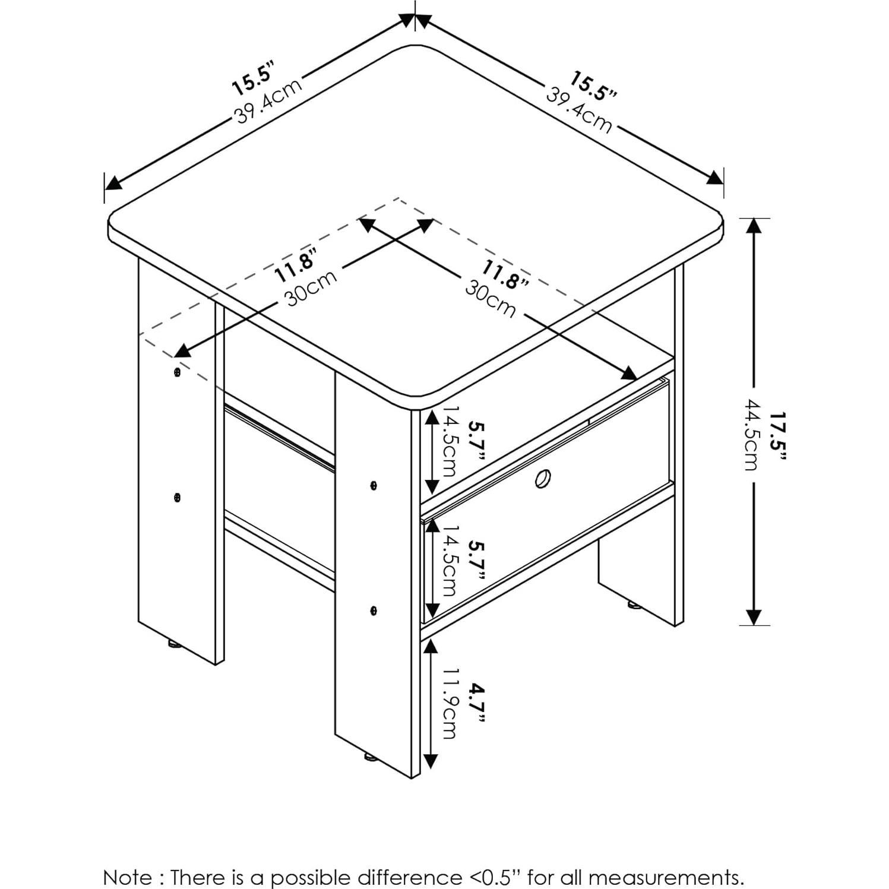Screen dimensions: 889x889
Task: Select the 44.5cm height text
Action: point(752,435)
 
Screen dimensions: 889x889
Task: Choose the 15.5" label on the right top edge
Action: point(594,86)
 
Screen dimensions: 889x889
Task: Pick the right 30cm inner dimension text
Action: point(491,298)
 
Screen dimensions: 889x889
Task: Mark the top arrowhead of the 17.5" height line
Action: point(754,226)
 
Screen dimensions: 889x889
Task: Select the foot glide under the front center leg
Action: point(369,757)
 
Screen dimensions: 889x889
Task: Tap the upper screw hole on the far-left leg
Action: point(177,372)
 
